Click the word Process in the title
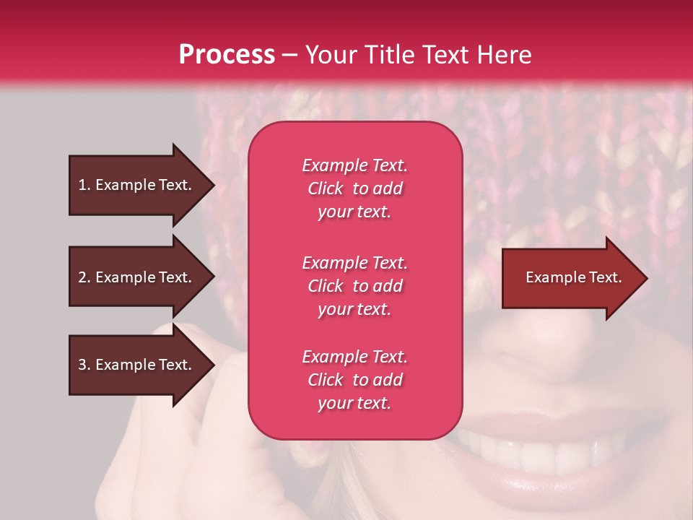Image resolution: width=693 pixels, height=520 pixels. [x=227, y=55]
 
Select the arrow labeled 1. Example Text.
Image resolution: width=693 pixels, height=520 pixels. [x=137, y=185]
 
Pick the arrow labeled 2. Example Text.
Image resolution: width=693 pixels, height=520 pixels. [x=137, y=277]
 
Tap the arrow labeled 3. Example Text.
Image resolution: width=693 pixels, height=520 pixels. [x=137, y=365]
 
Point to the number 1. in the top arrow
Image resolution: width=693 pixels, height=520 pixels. [x=84, y=185]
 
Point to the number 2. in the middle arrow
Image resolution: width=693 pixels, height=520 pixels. [x=84, y=277]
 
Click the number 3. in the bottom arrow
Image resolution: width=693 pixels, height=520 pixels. [x=84, y=365]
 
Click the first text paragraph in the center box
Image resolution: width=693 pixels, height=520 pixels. [x=354, y=188]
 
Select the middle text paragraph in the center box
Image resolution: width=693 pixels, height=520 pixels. [x=354, y=286]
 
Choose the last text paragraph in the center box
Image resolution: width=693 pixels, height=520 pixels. [x=354, y=380]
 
